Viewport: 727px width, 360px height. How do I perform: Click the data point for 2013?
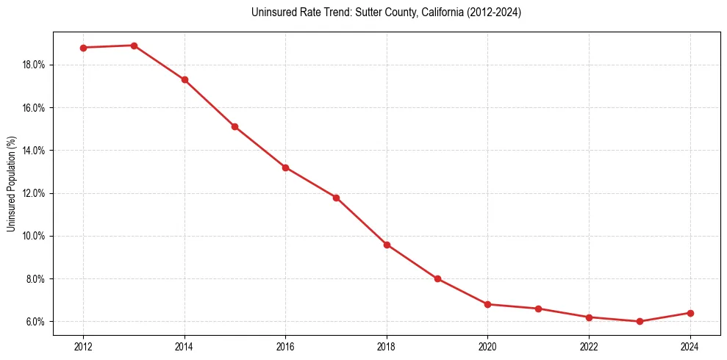[134, 46]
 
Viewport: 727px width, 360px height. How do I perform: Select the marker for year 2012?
[83, 48]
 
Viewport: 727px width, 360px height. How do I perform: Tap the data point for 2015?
[234, 126]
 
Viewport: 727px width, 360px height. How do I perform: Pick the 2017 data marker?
[336, 198]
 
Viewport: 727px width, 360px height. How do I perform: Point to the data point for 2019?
[437, 278]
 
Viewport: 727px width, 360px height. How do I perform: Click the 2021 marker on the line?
[538, 309]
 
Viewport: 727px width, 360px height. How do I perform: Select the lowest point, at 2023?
[640, 321]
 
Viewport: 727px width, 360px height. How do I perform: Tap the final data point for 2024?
[690, 313]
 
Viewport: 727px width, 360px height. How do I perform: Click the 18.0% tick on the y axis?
[35, 65]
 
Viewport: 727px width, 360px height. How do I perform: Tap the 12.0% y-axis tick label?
[35, 193]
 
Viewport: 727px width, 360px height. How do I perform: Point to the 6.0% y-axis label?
[37, 322]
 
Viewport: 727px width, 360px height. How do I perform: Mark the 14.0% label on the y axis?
[35, 151]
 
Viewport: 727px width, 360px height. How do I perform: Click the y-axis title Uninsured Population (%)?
[11, 184]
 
